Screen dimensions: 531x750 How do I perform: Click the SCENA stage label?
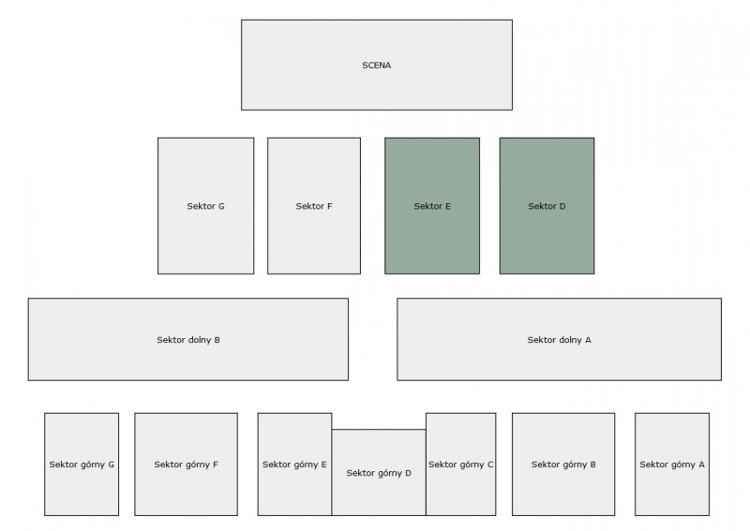tap(377, 66)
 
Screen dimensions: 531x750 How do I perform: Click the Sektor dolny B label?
tap(187, 340)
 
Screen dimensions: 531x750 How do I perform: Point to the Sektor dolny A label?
tap(559, 340)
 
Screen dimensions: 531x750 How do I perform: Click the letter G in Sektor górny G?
tap(111, 465)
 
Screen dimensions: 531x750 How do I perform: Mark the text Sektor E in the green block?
tap(432, 206)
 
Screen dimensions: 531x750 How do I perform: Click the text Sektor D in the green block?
tap(547, 206)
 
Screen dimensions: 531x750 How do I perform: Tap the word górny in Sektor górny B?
tap(573, 465)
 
